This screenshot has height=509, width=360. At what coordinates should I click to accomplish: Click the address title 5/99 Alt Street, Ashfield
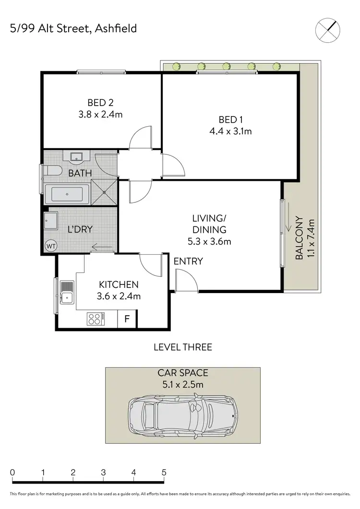(x=73, y=28)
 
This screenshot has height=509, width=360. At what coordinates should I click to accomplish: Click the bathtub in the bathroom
(x=67, y=195)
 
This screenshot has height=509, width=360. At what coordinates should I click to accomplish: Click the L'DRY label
(x=80, y=229)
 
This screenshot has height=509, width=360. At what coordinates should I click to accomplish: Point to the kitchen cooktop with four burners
(x=94, y=319)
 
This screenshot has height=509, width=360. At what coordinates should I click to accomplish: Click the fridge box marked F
(x=127, y=319)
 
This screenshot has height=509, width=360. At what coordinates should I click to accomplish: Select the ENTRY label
(x=188, y=261)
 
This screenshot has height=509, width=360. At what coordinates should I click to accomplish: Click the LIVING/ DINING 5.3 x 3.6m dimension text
(x=209, y=242)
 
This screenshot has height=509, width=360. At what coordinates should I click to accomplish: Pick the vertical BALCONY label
(x=299, y=238)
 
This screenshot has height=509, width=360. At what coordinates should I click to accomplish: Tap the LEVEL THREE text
(x=182, y=347)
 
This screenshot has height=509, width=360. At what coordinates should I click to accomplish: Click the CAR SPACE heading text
(x=183, y=372)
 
